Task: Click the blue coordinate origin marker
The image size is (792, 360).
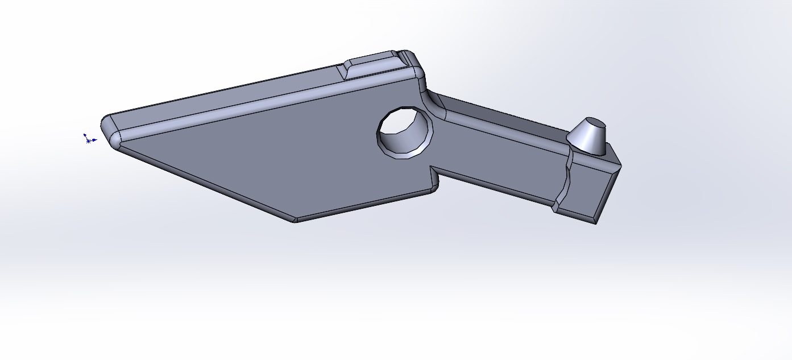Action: tap(88, 139)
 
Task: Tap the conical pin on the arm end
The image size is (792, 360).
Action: tap(588, 139)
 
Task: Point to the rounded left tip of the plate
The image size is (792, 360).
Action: tap(110, 131)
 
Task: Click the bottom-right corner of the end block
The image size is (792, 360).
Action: tap(596, 223)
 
